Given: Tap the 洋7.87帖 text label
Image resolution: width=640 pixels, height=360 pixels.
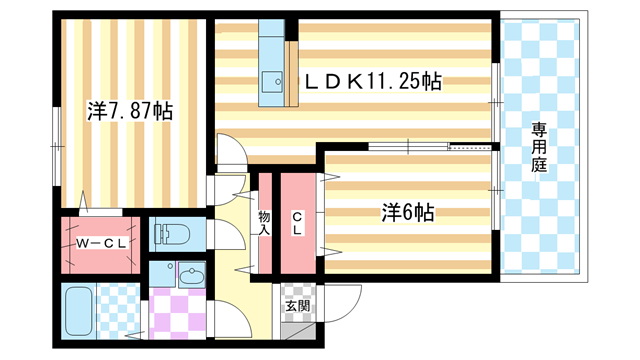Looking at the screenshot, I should point(129,110).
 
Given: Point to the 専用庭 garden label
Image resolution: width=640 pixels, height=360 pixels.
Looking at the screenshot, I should point(539,148).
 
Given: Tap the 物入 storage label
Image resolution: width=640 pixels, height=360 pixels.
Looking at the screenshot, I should point(264,223).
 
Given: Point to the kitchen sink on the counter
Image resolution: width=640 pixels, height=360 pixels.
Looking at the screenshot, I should point(271,80).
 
